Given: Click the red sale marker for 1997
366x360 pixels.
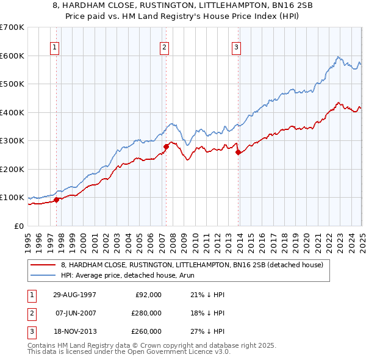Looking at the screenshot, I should [57, 200].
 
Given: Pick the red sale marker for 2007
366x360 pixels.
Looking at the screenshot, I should [166, 146].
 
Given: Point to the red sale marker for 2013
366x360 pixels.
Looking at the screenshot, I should [238, 153].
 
